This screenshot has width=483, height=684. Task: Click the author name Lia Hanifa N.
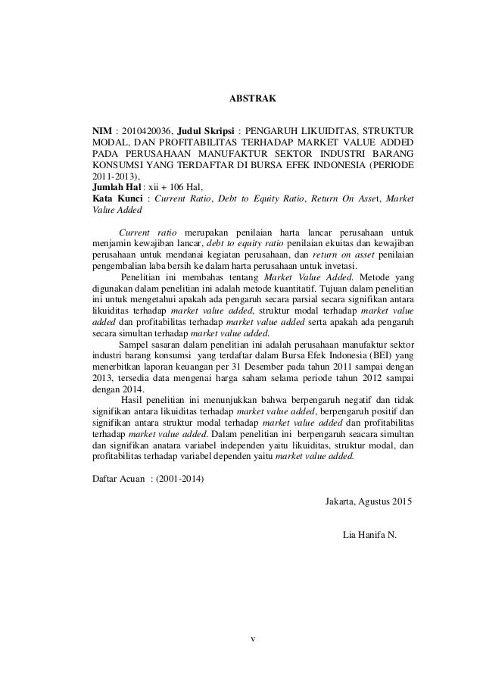point(369,536)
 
